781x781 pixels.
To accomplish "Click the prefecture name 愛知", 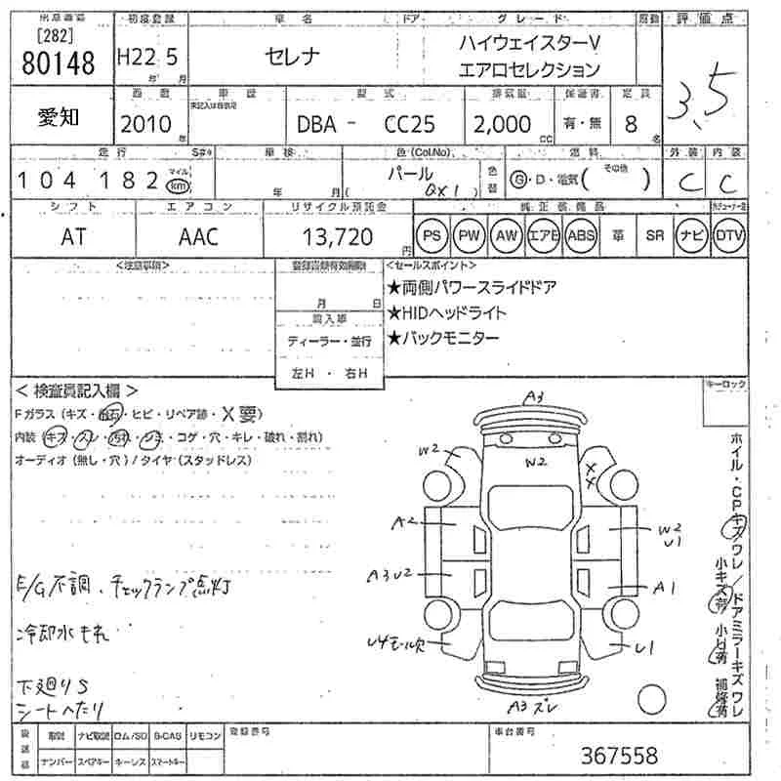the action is (x=59, y=119).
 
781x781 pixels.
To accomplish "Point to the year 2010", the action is (x=144, y=124).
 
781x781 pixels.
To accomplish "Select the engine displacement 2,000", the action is (x=503, y=124).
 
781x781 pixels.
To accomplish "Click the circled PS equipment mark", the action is (x=432, y=235).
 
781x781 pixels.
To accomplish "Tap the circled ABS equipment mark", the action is (x=580, y=235).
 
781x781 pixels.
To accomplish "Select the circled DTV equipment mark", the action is (x=728, y=235).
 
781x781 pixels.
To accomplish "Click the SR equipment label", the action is (x=654, y=235).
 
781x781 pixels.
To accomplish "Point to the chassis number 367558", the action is (x=620, y=755).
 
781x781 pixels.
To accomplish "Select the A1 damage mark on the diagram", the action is (x=666, y=588).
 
